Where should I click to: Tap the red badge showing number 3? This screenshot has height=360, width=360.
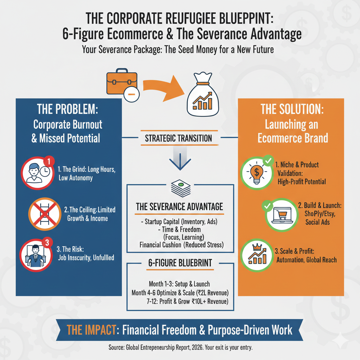(48, 243)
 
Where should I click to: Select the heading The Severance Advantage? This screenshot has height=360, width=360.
(179, 207)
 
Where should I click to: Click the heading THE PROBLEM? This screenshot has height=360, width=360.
(67, 110)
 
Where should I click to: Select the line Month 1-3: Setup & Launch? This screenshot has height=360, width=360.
(179, 284)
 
